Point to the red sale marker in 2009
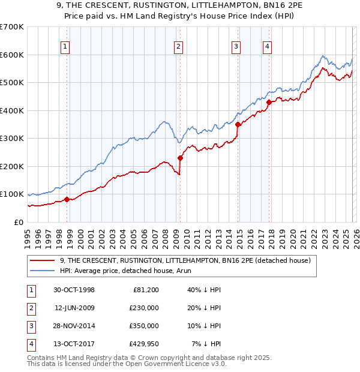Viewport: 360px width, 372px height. click(180, 158)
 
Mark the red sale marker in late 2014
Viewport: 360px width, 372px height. click(238, 124)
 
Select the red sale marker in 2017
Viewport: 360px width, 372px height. click(268, 102)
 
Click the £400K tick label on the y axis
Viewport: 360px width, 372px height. click(12, 110)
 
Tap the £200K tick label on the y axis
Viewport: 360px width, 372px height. click(12, 166)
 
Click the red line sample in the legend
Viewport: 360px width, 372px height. click(43, 260)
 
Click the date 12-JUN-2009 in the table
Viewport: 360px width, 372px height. click(74, 307)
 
